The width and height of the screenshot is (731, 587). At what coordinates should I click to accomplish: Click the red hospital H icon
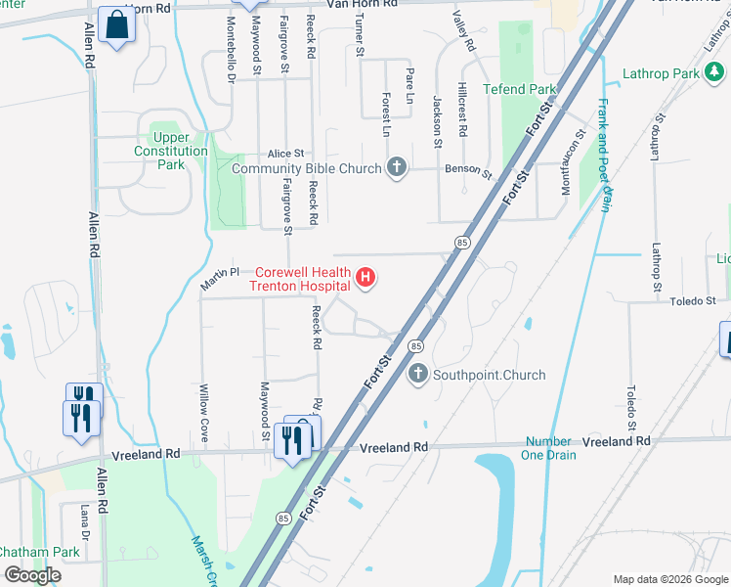tap(365, 279)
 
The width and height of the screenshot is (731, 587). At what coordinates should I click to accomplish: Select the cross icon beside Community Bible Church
tap(396, 168)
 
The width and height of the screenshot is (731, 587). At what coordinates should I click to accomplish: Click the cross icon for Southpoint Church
tap(418, 375)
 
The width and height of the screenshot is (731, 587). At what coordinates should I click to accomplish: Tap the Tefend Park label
tap(519, 89)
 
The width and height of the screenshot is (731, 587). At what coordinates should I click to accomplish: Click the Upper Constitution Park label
tap(171, 152)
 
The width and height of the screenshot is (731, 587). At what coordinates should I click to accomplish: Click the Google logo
tap(32, 575)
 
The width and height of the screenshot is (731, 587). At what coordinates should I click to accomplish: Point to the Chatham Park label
tap(40, 552)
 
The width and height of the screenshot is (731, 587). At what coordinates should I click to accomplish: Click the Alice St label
tap(287, 154)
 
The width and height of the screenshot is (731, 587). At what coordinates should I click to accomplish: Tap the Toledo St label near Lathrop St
tap(694, 300)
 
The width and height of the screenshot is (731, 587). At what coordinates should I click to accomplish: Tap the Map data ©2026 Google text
tap(669, 579)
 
